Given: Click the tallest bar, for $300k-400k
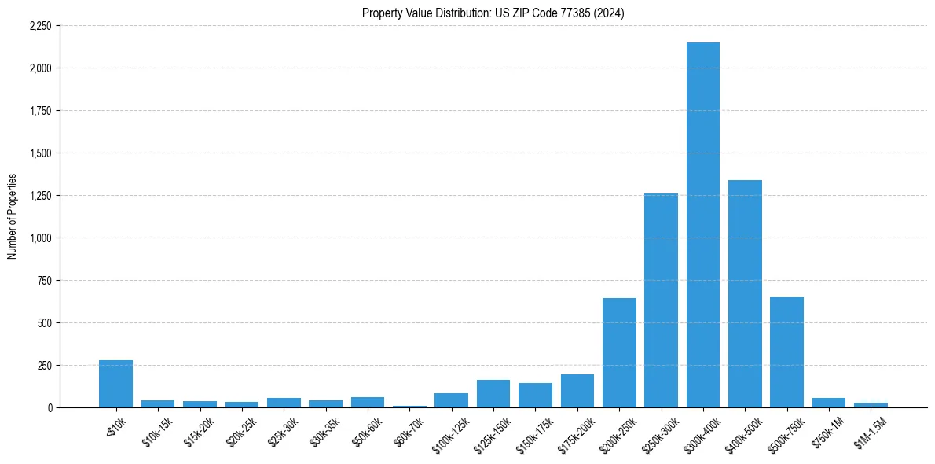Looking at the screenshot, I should point(702,225).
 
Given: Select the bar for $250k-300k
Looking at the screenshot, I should point(661,300).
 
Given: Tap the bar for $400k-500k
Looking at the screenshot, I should point(745,294).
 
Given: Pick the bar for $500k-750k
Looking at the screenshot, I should point(786,352).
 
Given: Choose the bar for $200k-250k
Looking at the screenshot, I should point(619,353).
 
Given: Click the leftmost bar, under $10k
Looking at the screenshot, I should point(115,384).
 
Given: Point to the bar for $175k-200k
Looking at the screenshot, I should point(577,391).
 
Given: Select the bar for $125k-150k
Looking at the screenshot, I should point(493,394).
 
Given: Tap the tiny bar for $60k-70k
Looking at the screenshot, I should point(409,406).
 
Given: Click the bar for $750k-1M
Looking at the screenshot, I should point(829,403).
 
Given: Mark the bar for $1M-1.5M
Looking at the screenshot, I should point(871,405).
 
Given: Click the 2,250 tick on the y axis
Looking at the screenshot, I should point(40,26).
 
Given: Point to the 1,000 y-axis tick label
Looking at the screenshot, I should point(40,238).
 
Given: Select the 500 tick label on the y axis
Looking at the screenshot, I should point(45,323).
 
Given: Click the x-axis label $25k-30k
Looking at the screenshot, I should point(284,432).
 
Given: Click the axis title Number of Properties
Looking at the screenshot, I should point(12,216).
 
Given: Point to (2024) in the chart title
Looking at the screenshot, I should point(608,13).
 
